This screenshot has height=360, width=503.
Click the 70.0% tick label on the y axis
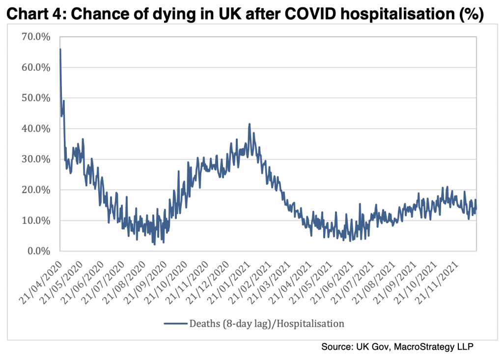(x=36, y=37)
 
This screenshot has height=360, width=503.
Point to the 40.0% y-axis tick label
(x=36, y=129)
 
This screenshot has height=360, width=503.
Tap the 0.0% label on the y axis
(x=39, y=251)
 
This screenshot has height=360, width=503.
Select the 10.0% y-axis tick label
(x=36, y=221)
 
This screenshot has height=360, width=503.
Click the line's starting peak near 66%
(x=60, y=49)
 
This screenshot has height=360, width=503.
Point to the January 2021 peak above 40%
(x=250, y=124)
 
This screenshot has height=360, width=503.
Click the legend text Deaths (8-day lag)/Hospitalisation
(x=267, y=323)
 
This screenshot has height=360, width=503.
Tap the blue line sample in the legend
(x=175, y=323)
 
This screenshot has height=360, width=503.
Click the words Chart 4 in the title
(x=36, y=15)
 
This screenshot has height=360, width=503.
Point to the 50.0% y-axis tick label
(x=36, y=98)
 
